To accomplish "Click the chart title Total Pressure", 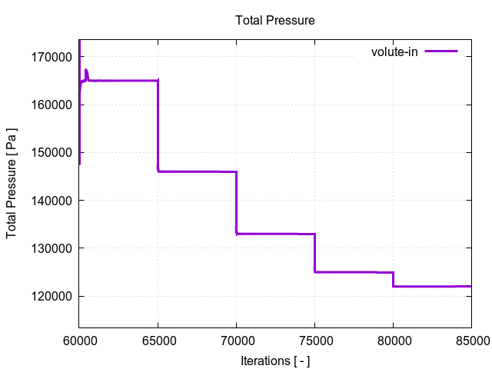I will pos(274,21).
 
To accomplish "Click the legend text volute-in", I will pos(394,52).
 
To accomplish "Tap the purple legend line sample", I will pos(441,52).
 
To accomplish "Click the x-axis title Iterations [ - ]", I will pos(274,361).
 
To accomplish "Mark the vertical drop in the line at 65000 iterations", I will pos(158,127).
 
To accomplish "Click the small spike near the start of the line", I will pos(86,73).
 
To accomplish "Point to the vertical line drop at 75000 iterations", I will pos(314,253).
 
